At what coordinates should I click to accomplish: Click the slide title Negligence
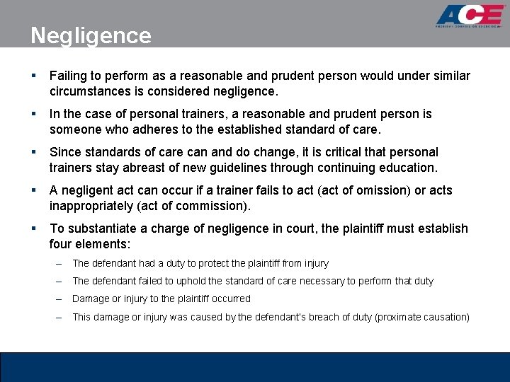(91, 35)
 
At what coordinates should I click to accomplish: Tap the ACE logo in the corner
(470, 16)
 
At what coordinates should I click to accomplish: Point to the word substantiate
(99, 228)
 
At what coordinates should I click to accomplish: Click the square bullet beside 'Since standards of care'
(34, 152)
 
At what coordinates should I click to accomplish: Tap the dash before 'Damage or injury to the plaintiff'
(59, 299)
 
